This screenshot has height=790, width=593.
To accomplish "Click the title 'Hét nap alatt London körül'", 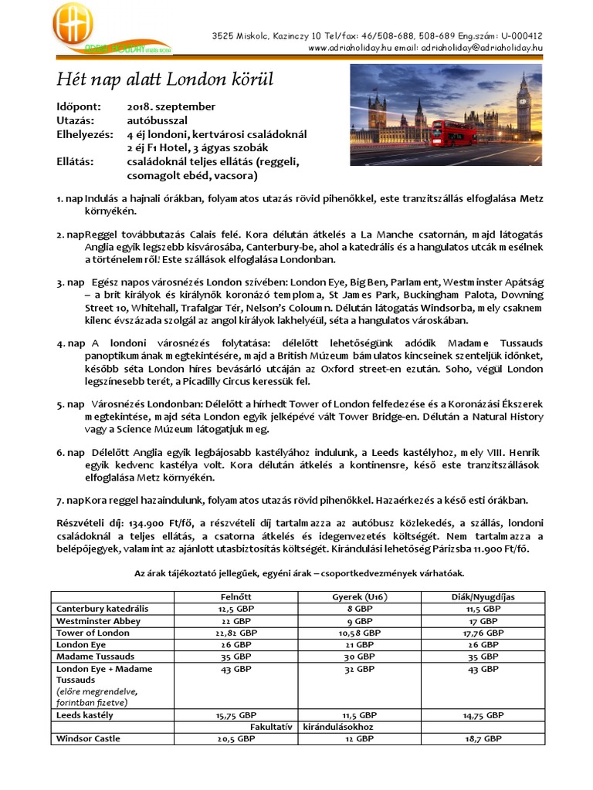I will click(165, 79).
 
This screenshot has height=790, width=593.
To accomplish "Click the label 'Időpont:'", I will click(77, 106).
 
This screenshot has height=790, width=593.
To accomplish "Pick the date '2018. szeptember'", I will click(171, 106).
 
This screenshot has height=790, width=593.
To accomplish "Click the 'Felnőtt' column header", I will click(236, 596).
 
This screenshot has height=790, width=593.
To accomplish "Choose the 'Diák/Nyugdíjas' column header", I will click(483, 596).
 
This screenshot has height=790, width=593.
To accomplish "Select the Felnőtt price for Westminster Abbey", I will click(236, 620).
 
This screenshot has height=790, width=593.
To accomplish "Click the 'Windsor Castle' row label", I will click(90, 738).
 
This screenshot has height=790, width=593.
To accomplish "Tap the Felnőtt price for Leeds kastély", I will click(236, 715).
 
